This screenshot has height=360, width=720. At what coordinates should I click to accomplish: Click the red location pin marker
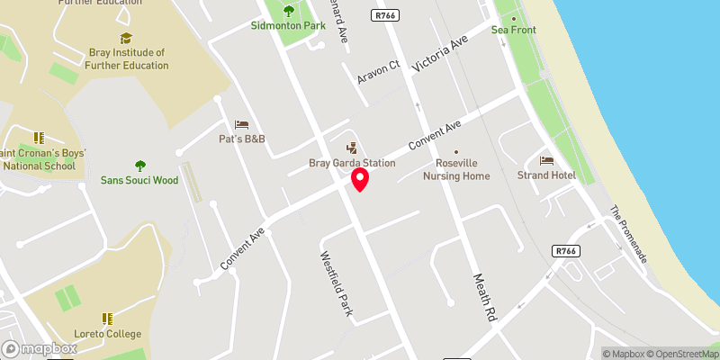coord(360,179)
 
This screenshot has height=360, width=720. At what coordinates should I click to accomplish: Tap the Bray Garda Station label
coord(352,163)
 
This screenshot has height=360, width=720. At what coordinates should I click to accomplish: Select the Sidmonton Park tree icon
coord(288,12)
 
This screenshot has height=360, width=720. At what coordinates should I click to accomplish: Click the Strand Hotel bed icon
coord(545,160)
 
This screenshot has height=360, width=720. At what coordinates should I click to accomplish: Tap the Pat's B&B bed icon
coord(240,124)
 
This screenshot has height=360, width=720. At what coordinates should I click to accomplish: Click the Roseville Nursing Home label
coord(463,169)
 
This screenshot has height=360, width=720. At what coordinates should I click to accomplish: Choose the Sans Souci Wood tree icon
coord(139,165)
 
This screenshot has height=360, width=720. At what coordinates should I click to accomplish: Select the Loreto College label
coord(107,334)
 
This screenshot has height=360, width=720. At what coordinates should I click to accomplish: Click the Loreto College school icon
coord(107,319)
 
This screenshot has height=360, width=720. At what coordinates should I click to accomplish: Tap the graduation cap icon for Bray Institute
coord(125,38)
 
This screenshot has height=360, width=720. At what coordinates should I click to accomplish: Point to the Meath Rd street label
coord(482,298)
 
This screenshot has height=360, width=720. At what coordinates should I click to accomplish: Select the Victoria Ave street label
coord(441,55)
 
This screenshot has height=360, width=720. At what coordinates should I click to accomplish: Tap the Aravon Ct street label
coord(378,73)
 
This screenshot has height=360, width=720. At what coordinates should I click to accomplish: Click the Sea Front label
coord(513,30)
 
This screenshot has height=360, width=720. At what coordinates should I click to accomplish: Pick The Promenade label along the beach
coord(628,234)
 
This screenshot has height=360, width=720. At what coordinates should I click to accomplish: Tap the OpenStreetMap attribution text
coord(679,354)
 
